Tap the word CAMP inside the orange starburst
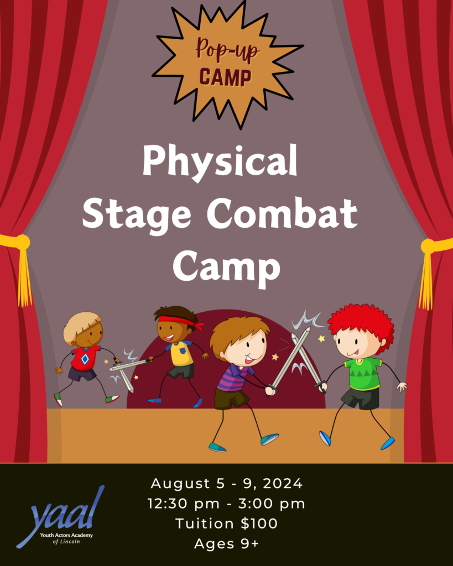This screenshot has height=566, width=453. click(x=226, y=77)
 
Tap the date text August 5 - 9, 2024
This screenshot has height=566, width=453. click(x=226, y=484)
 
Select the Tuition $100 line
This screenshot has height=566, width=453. click(x=226, y=523)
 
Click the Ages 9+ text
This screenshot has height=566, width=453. click(x=226, y=543)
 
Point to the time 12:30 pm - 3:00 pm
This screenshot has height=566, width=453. click(x=226, y=504)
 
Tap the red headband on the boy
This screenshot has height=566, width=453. click(x=177, y=320)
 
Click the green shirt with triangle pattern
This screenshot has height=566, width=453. click(x=363, y=373)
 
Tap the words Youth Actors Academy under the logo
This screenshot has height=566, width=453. click(x=66, y=536)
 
